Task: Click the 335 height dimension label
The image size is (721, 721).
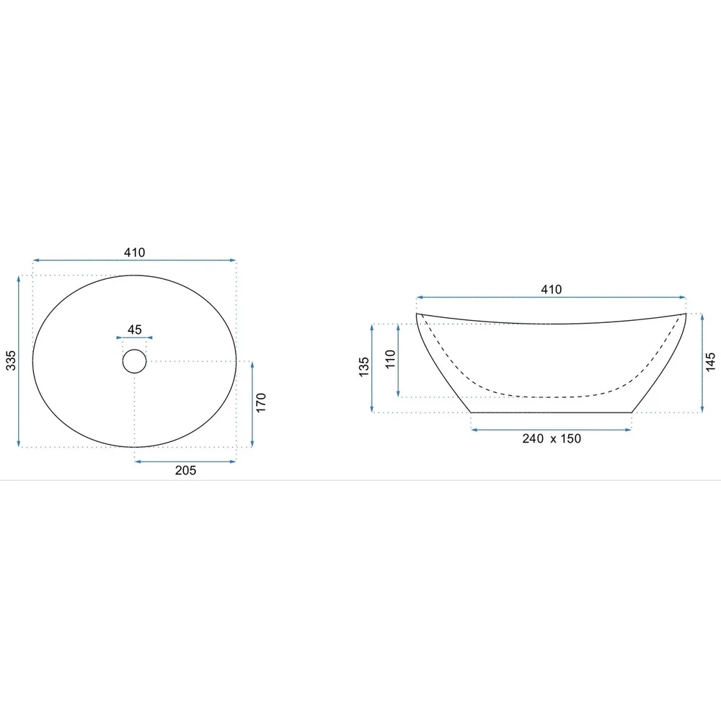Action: [11, 360]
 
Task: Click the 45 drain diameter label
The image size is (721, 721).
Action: [134, 329]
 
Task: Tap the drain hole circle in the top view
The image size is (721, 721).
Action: [134, 350]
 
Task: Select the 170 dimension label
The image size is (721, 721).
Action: [261, 403]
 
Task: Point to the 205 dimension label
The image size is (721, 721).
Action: [185, 470]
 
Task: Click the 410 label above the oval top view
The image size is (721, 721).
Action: [134, 252]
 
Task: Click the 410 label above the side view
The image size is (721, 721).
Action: [552, 289]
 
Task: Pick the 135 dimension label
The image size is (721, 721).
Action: [363, 367]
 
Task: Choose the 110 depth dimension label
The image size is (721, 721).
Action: [390, 359]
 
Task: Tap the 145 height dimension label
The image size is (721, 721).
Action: [710, 362]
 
